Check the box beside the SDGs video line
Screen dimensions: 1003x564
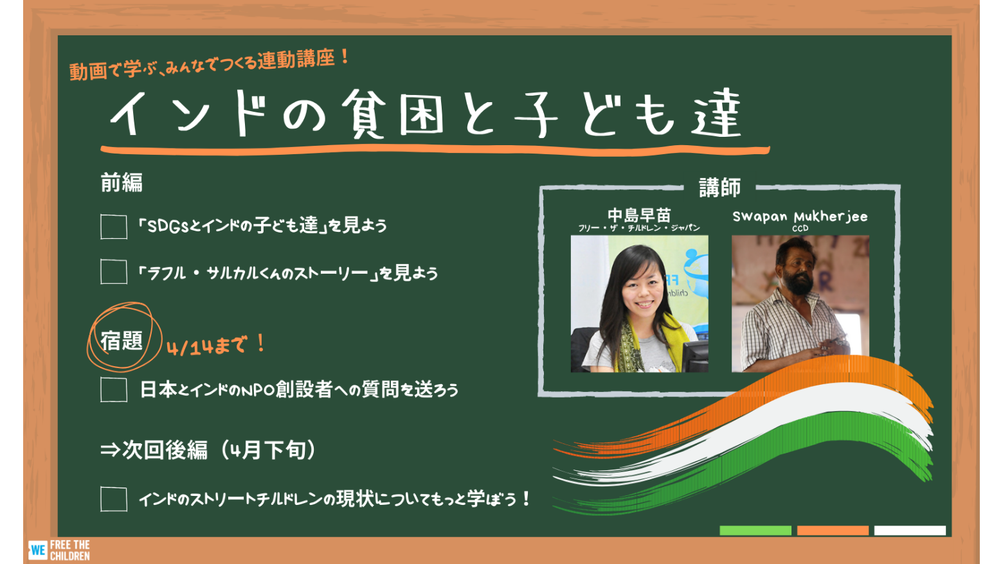tap(114, 227)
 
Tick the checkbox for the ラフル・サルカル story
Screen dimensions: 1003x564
tap(114, 272)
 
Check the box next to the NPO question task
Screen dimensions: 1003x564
tap(114, 389)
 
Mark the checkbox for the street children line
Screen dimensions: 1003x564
tap(114, 498)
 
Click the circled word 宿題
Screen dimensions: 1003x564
tap(122, 341)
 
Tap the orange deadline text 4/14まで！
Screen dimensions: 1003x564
tap(216, 346)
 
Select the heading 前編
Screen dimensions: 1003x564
tap(122, 182)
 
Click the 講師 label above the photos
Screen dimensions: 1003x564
tap(719, 188)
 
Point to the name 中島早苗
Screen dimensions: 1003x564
tap(639, 216)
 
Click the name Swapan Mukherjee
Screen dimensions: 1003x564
tap(800, 217)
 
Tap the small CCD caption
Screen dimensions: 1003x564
tap(800, 229)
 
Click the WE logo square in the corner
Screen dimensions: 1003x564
tap(37, 550)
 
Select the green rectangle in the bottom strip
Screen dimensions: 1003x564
tap(755, 531)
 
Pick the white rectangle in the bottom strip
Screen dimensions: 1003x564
tap(910, 531)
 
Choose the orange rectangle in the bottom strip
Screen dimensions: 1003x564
tap(833, 531)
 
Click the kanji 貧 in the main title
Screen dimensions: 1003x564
tap(364, 114)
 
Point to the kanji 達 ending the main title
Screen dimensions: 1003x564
tap(716, 112)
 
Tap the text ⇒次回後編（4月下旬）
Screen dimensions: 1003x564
tap(208, 450)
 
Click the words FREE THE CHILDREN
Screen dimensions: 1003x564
tap(70, 551)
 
